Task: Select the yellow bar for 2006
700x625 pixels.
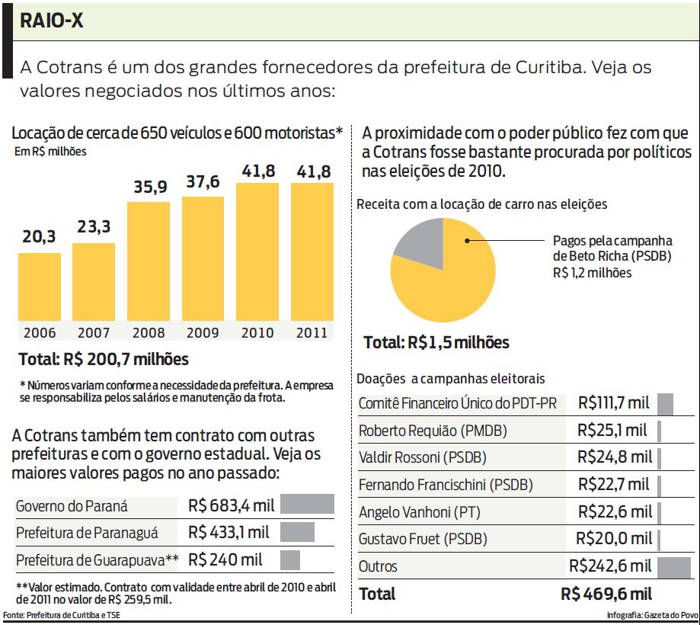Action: click(40, 286)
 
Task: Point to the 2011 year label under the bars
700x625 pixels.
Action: click(312, 333)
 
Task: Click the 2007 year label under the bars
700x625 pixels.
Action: click(94, 333)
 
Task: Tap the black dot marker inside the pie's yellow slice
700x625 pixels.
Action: click(466, 241)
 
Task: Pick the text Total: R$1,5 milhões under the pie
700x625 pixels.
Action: click(436, 342)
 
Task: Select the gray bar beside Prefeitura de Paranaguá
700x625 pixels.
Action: click(297, 532)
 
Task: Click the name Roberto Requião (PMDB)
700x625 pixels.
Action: click(433, 431)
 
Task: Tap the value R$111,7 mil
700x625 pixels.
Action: click(613, 402)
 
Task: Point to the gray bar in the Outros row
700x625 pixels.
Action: click(673, 566)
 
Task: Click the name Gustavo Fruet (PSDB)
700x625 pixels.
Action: click(423, 540)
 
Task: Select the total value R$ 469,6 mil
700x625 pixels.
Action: click(606, 594)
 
